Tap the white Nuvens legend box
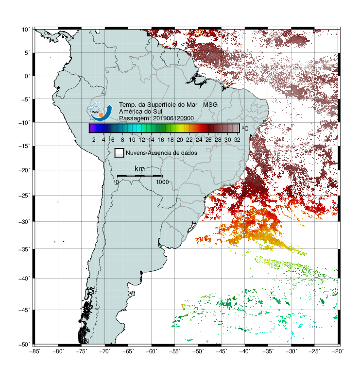point(120,153)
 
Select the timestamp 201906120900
point(173,118)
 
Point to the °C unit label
point(245,128)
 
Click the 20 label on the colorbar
point(180,140)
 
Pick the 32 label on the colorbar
point(237,140)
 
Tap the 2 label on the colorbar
point(94,140)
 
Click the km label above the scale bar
point(139,168)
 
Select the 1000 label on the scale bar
point(162,182)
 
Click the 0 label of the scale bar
point(117,182)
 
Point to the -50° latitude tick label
point(24,345)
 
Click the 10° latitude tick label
point(26,30)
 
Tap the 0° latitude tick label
point(27,76)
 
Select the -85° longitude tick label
point(35,351)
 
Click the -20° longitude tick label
point(338,351)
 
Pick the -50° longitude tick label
point(198,351)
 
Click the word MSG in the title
point(210,105)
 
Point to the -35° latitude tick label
point(24,249)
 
